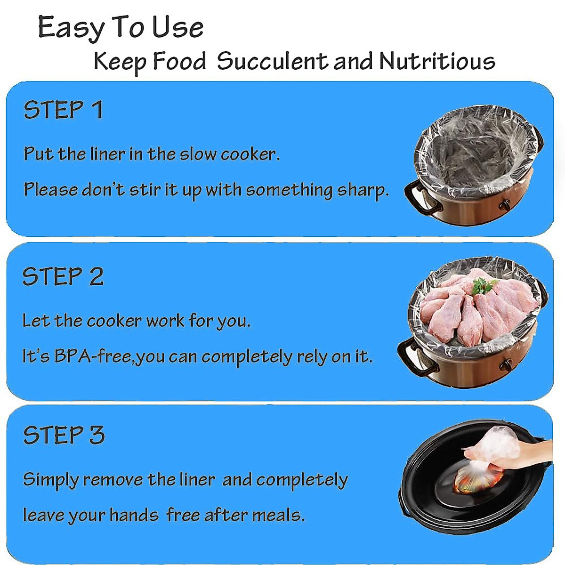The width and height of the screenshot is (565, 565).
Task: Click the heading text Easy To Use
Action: click(121, 28)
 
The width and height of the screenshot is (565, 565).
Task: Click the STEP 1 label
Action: click(63, 110)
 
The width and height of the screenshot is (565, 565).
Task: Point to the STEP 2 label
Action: click(63, 276)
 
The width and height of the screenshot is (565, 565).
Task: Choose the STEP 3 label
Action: click(64, 435)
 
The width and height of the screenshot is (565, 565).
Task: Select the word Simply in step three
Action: click(51, 480)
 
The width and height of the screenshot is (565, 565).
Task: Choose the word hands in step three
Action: click(134, 515)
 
